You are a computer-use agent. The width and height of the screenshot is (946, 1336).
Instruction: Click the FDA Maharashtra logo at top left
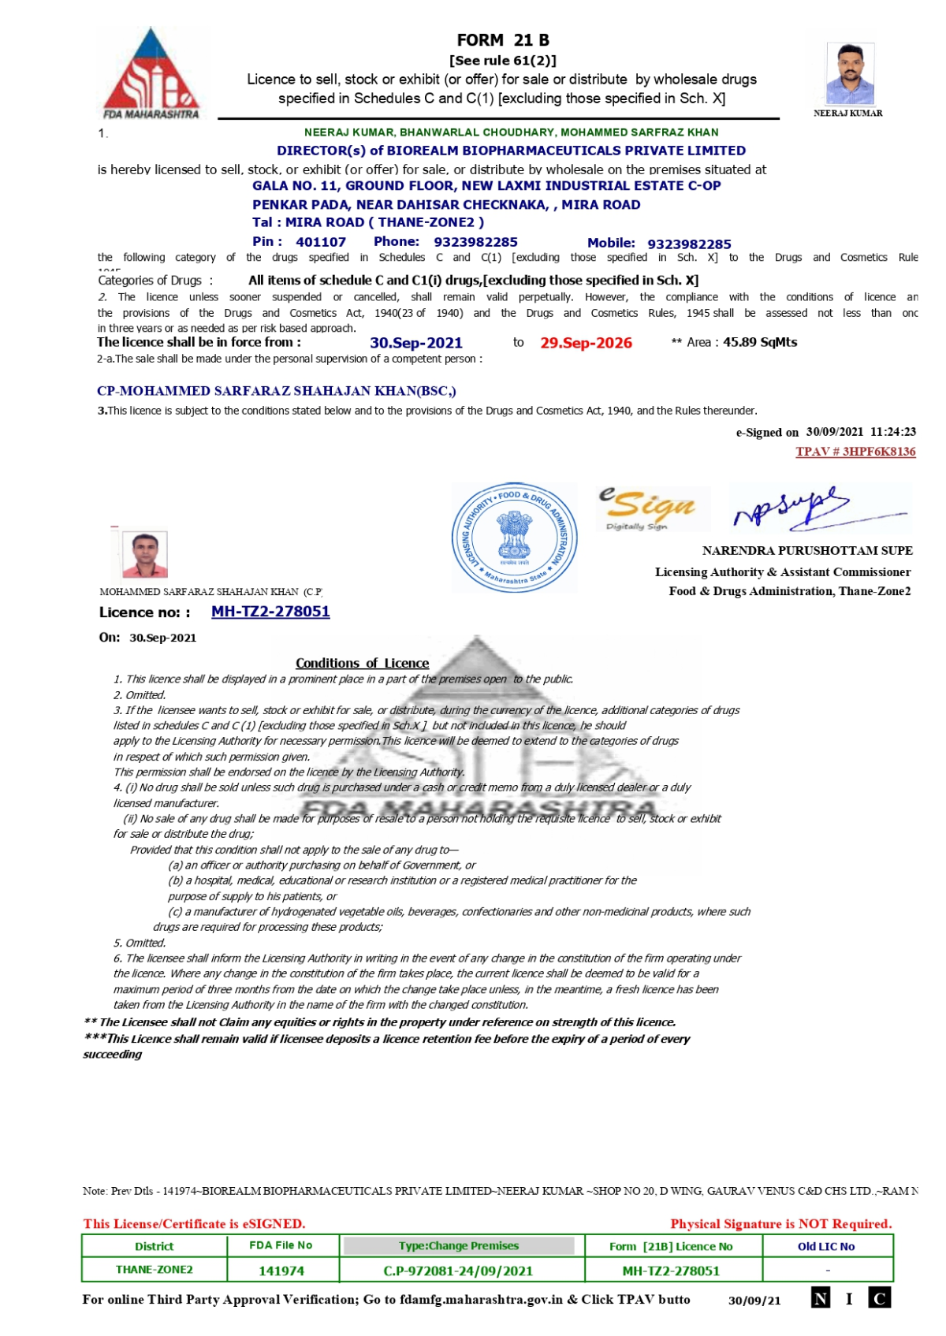pos(151,73)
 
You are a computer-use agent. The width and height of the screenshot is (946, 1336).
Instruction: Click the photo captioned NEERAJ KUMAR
pos(850,73)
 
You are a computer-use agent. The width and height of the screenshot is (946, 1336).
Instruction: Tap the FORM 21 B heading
pos(503,40)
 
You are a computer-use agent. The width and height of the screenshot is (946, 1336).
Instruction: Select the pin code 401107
pos(321,242)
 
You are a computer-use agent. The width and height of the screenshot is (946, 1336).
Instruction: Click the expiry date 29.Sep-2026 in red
pos(586,343)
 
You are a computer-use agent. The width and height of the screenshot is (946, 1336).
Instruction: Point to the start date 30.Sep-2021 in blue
pos(416,343)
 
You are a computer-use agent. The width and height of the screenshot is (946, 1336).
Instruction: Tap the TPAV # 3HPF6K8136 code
pos(855,452)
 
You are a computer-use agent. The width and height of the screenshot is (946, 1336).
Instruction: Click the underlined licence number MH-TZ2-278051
pos(270,612)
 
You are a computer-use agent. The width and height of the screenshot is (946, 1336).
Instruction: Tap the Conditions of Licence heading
pos(362,663)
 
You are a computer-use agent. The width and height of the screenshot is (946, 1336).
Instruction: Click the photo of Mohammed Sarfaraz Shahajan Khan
pos(145,554)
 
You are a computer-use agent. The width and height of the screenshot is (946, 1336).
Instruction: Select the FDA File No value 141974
pos(281,1271)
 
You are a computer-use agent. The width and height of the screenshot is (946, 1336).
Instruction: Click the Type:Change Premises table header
pos(459,1246)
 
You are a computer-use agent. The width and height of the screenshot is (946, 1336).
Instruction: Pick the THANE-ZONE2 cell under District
pos(155,1270)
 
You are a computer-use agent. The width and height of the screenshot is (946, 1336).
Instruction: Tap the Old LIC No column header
pos(826,1246)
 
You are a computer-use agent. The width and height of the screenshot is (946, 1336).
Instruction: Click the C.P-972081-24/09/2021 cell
pos(458,1271)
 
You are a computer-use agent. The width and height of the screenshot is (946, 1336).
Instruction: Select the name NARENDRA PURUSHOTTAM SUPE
pos(807,551)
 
